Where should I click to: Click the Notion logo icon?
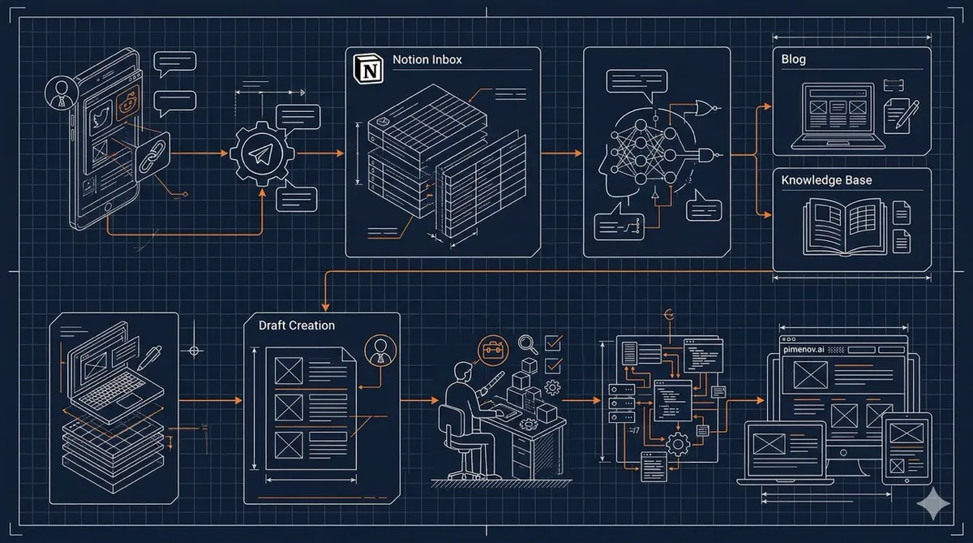pos(368,69)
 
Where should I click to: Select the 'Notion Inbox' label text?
pos(427,60)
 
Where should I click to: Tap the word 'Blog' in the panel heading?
pos(793,60)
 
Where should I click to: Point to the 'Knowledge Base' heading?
pos(827,180)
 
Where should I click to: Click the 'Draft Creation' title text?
pos(297,325)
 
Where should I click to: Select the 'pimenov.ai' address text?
pos(803,348)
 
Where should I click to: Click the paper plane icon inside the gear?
pos(261,154)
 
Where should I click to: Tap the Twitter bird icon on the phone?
pos(101,116)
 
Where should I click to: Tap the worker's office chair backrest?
pos(448,421)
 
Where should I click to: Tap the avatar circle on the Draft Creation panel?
pos(379,351)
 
